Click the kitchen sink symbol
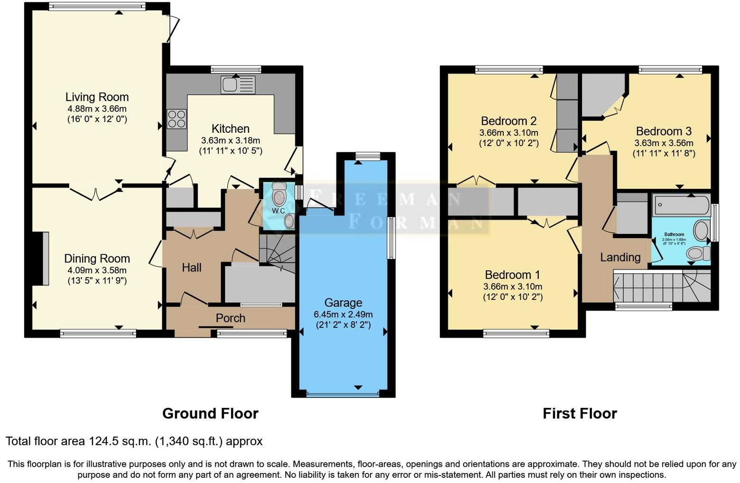(238, 85)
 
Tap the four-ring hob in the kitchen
(176, 119)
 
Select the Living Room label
(97, 97)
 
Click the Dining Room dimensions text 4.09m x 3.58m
(97, 270)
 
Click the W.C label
(278, 211)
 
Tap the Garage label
(343, 303)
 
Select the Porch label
(231, 318)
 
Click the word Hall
(192, 268)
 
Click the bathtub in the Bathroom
(681, 205)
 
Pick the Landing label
(620, 257)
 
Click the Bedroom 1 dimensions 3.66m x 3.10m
(512, 287)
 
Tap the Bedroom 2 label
(509, 121)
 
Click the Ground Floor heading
(210, 413)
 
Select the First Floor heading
(580, 413)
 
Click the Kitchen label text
(230, 129)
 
